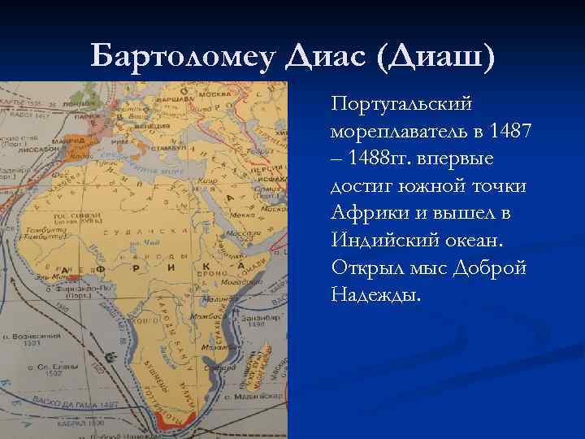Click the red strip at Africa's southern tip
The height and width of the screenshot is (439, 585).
coord(173,423)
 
